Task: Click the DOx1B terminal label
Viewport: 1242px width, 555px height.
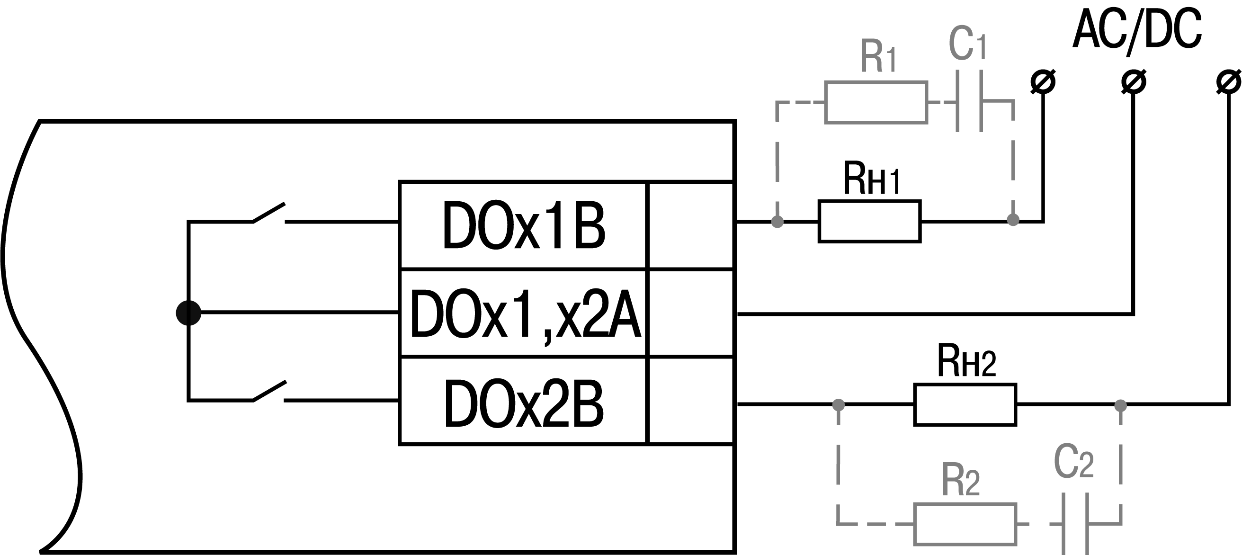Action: point(523,226)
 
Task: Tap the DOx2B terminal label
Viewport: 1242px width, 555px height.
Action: point(524,403)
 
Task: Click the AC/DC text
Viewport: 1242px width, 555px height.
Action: point(1137,30)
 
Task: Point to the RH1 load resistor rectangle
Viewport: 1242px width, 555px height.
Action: point(869,221)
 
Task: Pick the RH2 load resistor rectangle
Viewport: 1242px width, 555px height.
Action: point(965,404)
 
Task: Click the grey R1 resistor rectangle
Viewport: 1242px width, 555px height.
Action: point(876,102)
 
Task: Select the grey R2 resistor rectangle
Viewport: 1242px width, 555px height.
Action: point(965,524)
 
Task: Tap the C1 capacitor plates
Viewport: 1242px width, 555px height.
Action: point(969,101)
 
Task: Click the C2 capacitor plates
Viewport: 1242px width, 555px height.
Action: point(1076,524)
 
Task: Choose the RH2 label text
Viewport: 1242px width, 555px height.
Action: point(966,361)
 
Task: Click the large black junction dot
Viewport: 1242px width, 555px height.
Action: point(188,313)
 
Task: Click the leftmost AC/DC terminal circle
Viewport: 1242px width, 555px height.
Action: point(1043,81)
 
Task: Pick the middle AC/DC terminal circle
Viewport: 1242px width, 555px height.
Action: point(1134,81)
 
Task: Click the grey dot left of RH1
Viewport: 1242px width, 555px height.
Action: point(777,221)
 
